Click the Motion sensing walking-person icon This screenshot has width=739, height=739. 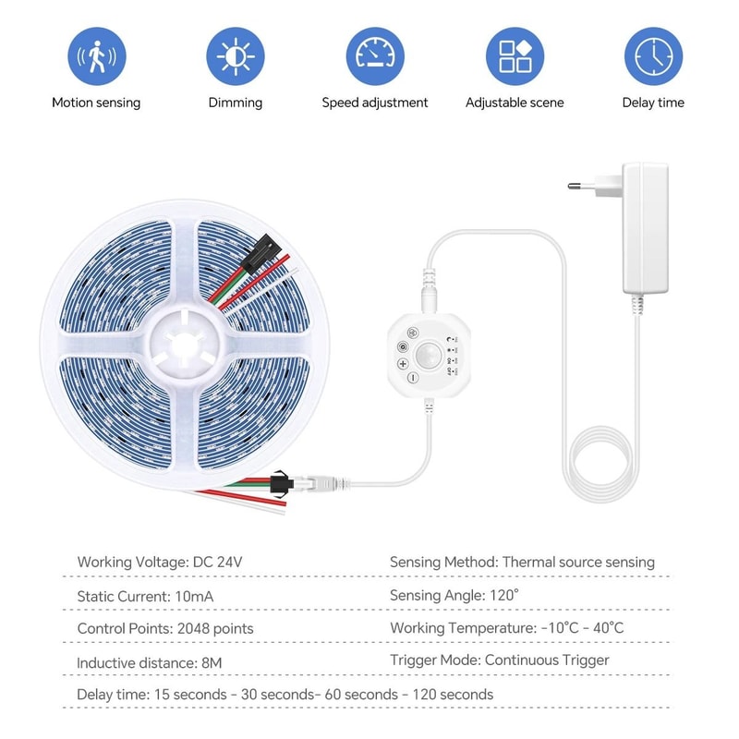[x=96, y=56]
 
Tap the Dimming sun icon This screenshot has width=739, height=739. [x=235, y=56]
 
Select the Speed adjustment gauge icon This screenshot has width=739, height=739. [x=375, y=56]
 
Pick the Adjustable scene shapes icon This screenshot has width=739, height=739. [x=515, y=56]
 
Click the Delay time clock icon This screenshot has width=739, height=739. [x=653, y=56]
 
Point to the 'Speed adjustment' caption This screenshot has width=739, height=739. [x=375, y=103]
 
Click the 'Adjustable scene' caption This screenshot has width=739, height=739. [x=515, y=103]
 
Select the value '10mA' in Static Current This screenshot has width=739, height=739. [x=194, y=596]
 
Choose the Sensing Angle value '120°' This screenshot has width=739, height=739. [x=503, y=596]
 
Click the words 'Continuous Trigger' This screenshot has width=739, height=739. [x=547, y=660]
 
